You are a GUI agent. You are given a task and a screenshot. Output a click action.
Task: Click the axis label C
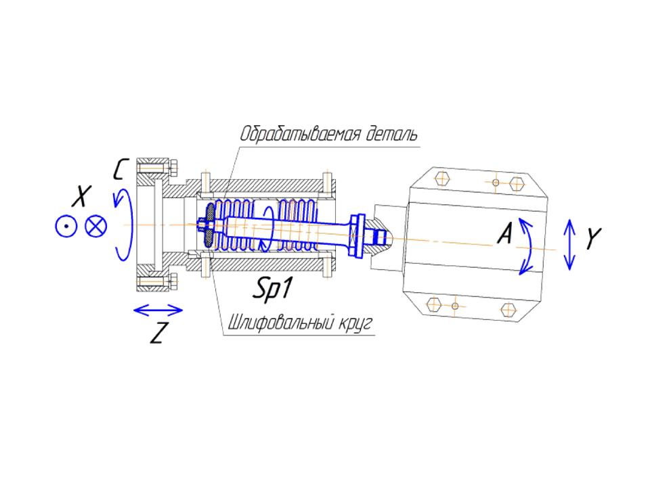point(120,169)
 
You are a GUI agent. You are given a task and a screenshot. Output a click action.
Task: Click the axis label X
point(82,196)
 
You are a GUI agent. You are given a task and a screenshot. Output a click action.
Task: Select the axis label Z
point(158,333)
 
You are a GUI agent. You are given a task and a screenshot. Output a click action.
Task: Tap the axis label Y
point(594,239)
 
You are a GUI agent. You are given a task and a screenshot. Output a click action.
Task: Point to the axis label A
point(505,233)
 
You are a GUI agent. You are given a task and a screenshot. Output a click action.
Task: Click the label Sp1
point(272,288)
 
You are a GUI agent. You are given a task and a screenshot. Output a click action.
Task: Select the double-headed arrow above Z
point(158,310)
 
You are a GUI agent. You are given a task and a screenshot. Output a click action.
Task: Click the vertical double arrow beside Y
point(569,244)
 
